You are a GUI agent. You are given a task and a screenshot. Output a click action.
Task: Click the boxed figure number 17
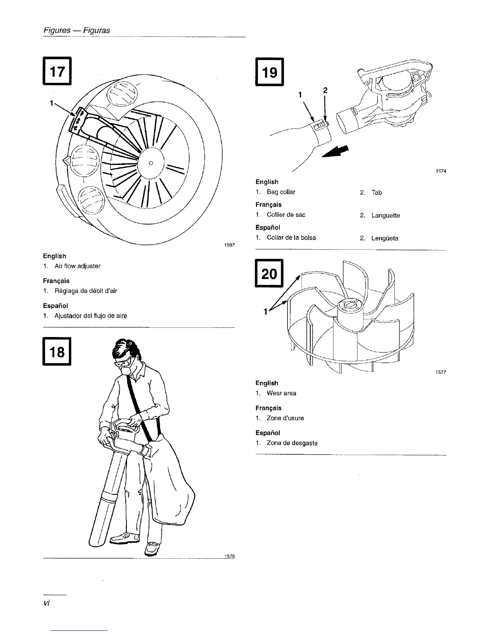[x=58, y=71]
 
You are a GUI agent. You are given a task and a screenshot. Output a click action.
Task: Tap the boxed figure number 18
[x=57, y=352]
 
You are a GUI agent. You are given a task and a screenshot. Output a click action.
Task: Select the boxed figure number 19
[x=269, y=72]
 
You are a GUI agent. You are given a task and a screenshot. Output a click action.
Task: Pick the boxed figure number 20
[x=269, y=274]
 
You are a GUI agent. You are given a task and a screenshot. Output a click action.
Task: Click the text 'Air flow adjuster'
[x=77, y=266]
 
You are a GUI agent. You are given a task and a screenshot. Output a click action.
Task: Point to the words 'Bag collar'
[x=281, y=192]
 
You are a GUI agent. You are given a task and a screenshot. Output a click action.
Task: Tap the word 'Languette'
[x=386, y=215]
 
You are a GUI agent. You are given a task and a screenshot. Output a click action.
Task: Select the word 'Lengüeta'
[x=385, y=238]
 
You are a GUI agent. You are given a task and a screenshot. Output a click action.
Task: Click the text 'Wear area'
[x=281, y=393]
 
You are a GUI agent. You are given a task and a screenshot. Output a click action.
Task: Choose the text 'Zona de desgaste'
[x=292, y=443]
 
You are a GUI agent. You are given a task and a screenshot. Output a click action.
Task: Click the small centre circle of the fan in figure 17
[x=151, y=163]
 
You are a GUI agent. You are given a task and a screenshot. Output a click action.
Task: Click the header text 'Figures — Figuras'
[x=76, y=30]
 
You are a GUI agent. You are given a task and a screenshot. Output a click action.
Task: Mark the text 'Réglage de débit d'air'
[x=86, y=291]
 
